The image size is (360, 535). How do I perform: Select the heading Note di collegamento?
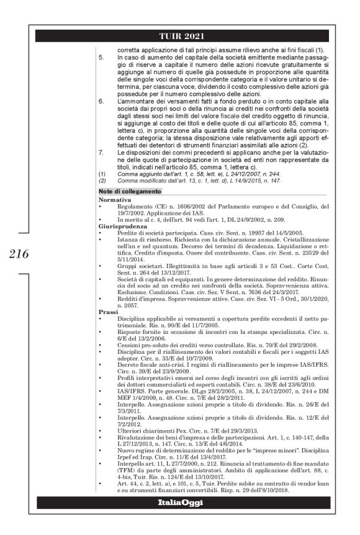pos(128,191)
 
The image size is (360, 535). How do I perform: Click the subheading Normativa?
pos(115,200)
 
